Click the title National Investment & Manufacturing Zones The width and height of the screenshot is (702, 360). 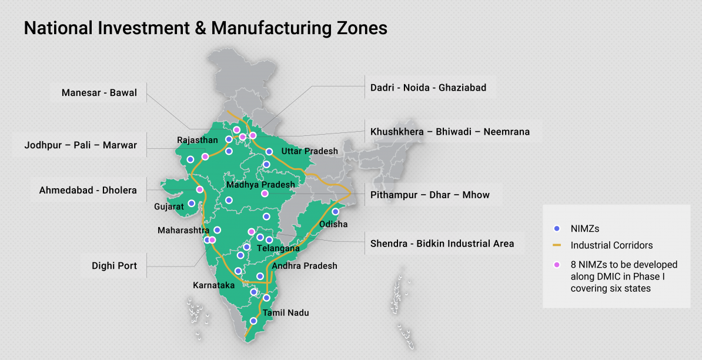pyautogui.click(x=205, y=28)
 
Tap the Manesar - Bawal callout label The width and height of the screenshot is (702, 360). pyautogui.click(x=99, y=92)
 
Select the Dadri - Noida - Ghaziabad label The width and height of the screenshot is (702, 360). pyautogui.click(x=428, y=88)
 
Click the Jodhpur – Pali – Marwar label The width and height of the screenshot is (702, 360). pyautogui.click(x=81, y=145)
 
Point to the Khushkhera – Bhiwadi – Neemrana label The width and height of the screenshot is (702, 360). pyautogui.click(x=450, y=132)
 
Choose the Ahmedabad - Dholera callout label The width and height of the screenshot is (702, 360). pyautogui.click(x=88, y=190)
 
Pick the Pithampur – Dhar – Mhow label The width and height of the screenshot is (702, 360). pyautogui.click(x=430, y=195)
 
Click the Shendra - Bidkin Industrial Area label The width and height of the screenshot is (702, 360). pyautogui.click(x=442, y=244)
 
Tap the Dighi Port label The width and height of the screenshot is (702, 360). pyautogui.click(x=114, y=266)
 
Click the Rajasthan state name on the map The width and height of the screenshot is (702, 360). pyautogui.click(x=198, y=140)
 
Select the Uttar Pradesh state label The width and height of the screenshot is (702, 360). pyautogui.click(x=310, y=151)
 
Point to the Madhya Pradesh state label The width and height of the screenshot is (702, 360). pyautogui.click(x=261, y=185)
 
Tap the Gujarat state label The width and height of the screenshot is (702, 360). pyautogui.click(x=169, y=206)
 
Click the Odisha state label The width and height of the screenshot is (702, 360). pyautogui.click(x=333, y=224)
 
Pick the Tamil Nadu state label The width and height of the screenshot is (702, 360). pyautogui.click(x=286, y=313)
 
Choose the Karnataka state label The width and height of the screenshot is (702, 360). pyautogui.click(x=214, y=285)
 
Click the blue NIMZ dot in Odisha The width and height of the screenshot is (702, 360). pyautogui.click(x=336, y=212)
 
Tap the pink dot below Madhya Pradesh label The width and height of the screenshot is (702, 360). pyautogui.click(x=265, y=194)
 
